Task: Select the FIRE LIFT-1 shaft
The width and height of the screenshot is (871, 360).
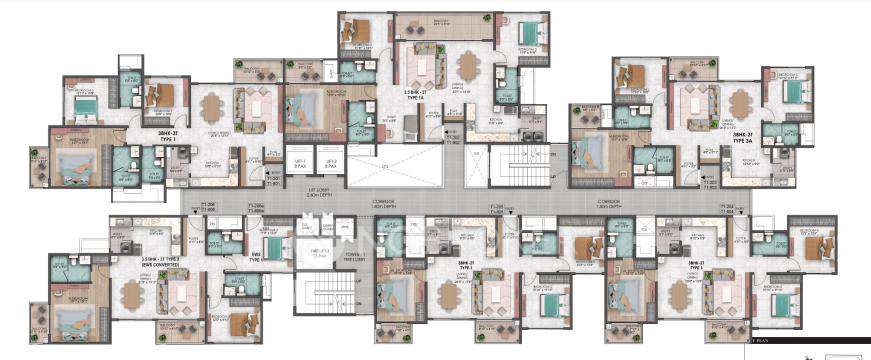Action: tap(320, 254)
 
